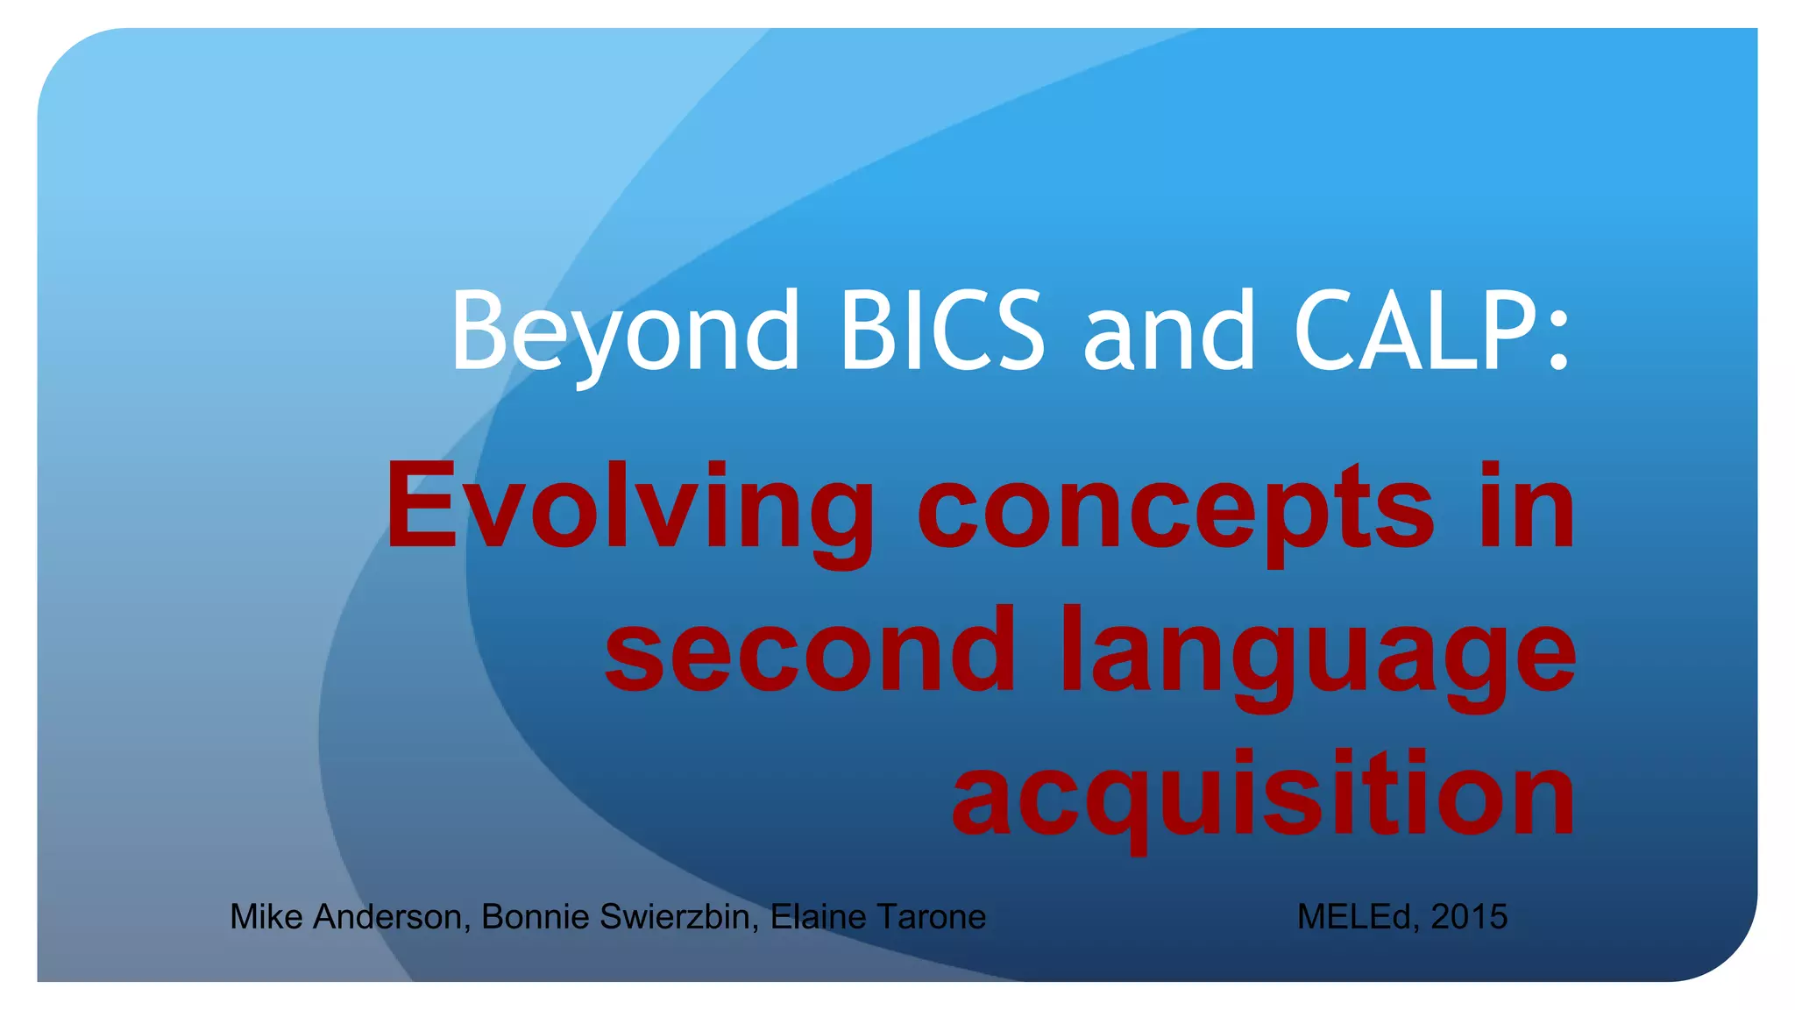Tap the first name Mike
(x=267, y=916)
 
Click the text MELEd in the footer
(x=1358, y=916)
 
